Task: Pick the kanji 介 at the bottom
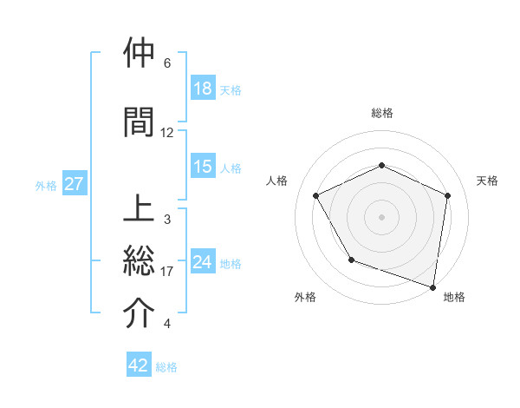coord(140,313)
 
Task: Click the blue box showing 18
coord(203,89)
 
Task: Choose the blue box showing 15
coord(203,167)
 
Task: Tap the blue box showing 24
coord(203,262)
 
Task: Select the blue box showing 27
coord(74,184)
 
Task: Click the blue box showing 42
coord(139,365)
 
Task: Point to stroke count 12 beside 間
coord(167,133)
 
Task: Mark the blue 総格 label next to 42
coord(166,367)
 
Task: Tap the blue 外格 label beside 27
coord(46,185)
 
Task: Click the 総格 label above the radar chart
coord(381,113)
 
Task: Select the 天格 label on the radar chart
coord(487,181)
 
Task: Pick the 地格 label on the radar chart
coord(454,297)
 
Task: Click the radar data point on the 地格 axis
coord(432,286)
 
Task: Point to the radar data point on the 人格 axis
coord(316,196)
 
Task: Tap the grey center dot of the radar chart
coord(381,216)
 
